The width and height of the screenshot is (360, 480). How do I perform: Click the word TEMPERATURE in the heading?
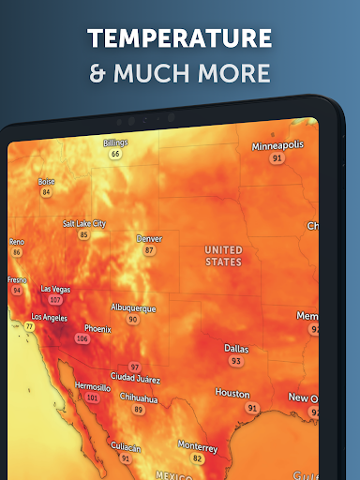tap(180, 38)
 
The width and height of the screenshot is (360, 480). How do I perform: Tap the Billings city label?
tap(115, 142)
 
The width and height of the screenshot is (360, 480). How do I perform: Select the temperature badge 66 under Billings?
tap(115, 154)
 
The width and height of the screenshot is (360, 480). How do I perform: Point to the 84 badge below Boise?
tap(46, 192)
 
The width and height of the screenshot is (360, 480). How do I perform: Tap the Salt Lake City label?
tap(84, 224)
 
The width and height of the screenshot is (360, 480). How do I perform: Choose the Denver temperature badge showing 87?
tap(149, 250)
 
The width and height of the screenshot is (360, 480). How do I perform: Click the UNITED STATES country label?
tap(223, 255)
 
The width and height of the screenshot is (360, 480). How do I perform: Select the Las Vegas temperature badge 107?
tap(55, 301)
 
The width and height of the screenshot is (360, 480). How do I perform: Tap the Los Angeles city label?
tap(49, 318)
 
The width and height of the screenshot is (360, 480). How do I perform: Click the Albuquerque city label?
tap(133, 307)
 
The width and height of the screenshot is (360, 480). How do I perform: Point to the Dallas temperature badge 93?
tap(236, 360)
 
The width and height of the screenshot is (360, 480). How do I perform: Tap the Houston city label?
tap(232, 394)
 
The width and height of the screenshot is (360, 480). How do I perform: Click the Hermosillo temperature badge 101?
tap(92, 397)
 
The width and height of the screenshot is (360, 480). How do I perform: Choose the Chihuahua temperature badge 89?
tap(139, 410)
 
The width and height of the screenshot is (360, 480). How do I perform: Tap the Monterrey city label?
tap(197, 446)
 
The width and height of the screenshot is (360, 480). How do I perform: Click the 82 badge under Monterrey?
tap(197, 458)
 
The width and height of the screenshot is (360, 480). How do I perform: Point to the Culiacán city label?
tap(126, 447)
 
